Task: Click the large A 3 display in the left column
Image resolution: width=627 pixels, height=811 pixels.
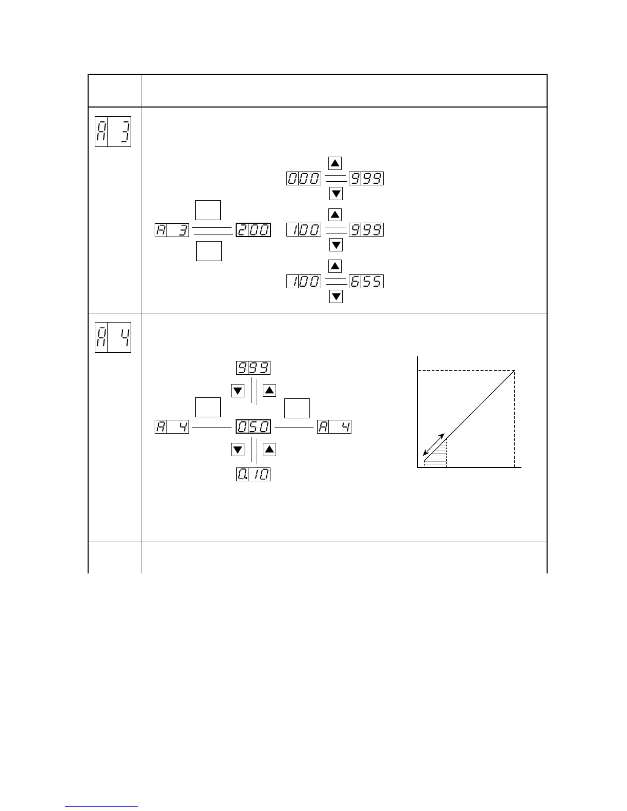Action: (x=113, y=132)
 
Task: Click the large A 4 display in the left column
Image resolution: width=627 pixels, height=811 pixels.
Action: (x=113, y=337)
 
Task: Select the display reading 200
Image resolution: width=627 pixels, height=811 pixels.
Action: (x=253, y=230)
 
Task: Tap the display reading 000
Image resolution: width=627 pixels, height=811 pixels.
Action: (x=304, y=179)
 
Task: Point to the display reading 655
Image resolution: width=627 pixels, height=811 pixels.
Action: (x=366, y=281)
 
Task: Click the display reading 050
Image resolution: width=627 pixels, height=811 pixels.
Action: (x=253, y=426)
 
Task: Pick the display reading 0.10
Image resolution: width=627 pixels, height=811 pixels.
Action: (x=253, y=474)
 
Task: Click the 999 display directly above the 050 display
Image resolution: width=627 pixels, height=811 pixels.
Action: (x=253, y=368)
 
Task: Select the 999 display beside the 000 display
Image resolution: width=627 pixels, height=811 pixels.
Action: (x=366, y=179)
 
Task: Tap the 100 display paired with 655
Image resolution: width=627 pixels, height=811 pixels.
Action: (x=304, y=281)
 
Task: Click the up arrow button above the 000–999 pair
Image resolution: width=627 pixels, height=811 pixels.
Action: (x=335, y=163)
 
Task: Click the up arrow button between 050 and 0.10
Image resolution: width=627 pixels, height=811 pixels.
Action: (x=269, y=450)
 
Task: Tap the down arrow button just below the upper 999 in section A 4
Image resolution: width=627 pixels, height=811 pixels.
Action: (x=238, y=391)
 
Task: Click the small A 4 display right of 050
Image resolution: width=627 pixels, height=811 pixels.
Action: (x=335, y=426)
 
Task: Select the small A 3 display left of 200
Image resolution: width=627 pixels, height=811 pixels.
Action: (x=172, y=230)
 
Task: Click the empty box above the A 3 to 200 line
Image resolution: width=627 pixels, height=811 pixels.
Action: (x=208, y=210)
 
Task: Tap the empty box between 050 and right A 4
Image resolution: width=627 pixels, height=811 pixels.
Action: (x=297, y=408)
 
